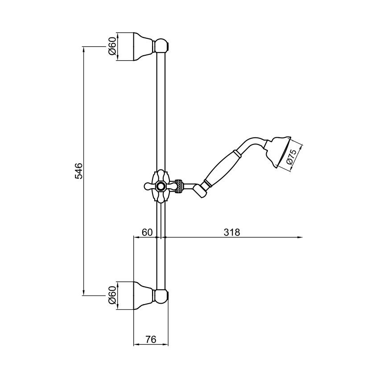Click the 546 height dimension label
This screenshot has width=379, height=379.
click(78, 171)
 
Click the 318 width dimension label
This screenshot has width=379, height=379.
click(232, 232)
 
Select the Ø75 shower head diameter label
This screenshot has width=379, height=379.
click(292, 157)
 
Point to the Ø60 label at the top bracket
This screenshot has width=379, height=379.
click(112, 46)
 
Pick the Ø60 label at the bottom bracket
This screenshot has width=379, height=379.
click(112, 295)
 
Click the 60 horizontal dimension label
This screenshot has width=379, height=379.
click(147, 232)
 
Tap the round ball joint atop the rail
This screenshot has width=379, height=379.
click(161, 46)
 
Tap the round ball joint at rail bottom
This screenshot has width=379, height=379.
click(161, 295)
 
